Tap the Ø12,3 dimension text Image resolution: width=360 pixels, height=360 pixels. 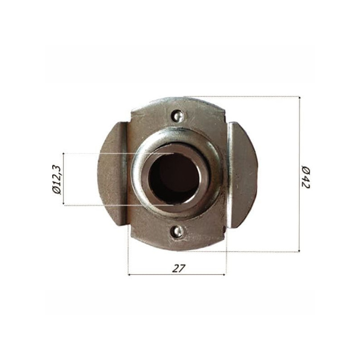(x=56, y=179)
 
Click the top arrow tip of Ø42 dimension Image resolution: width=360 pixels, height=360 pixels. (x=299, y=97)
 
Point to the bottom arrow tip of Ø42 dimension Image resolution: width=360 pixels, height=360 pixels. (x=299, y=251)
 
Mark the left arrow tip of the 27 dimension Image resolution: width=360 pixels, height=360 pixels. (x=130, y=274)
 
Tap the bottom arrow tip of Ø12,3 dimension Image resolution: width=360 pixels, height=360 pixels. (x=64, y=205)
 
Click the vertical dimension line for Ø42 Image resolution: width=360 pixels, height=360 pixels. (x=299, y=135)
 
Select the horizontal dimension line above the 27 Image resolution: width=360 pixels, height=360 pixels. (x=177, y=274)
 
